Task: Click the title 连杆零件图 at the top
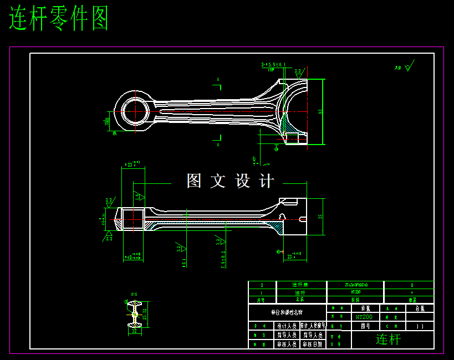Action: [x=59, y=19]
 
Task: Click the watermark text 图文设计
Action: [x=230, y=181]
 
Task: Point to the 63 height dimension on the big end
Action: [x=320, y=111]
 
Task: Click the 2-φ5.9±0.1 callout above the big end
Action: [x=273, y=65]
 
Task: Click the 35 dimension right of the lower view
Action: [x=320, y=217]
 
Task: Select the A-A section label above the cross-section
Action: [x=134, y=294]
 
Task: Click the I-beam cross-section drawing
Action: [x=135, y=314]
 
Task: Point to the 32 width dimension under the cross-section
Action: [x=134, y=331]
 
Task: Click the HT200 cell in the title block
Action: [x=364, y=317]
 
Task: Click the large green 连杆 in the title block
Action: [x=388, y=339]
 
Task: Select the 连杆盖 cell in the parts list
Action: [x=300, y=285]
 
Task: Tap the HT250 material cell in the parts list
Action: [x=355, y=292]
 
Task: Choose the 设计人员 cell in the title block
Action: [x=287, y=326]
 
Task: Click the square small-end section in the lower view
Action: [x=134, y=219]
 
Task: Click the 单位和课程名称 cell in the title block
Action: [x=287, y=312]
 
